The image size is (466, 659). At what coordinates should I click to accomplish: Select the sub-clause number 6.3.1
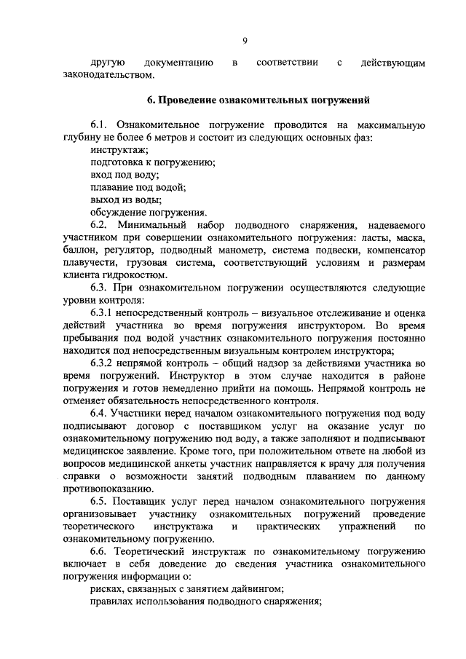pos(104,312)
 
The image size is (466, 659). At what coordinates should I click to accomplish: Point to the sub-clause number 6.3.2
pos(104,363)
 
